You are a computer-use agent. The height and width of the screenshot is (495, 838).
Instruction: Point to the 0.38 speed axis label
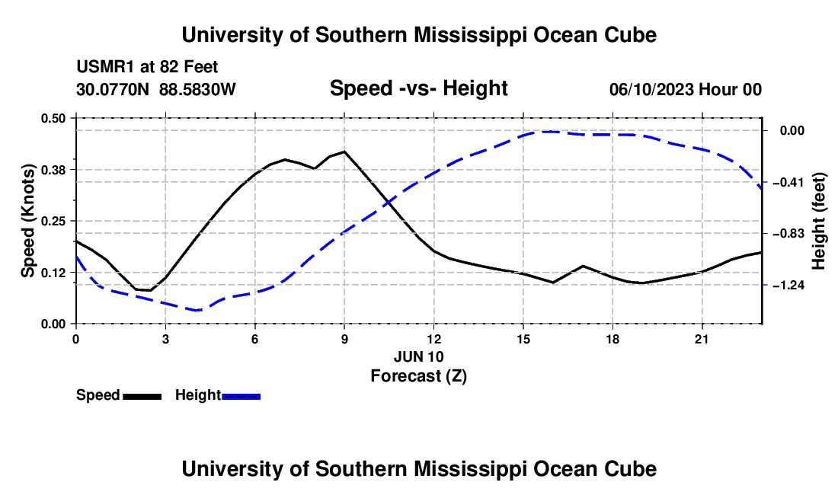[53, 170]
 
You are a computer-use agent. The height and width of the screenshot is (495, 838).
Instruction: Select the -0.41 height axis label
[788, 183]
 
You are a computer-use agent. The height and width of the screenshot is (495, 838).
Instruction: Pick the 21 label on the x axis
[702, 339]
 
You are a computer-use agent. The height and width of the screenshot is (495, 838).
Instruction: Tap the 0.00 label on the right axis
[792, 131]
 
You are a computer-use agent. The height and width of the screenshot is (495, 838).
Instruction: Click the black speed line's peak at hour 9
[344, 151]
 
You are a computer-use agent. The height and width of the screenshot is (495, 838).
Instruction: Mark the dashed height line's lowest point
[197, 310]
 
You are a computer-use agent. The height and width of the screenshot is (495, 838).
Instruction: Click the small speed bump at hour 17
[583, 266]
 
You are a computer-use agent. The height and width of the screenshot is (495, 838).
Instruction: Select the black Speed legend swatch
[142, 397]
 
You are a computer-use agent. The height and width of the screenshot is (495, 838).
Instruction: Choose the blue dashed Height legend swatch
[241, 397]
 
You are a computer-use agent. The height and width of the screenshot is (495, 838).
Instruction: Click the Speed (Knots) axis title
[27, 221]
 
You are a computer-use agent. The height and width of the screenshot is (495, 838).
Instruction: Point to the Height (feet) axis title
[819, 221]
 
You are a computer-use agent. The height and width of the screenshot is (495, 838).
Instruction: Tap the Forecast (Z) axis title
[419, 376]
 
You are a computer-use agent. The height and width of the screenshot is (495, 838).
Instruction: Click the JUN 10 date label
[419, 356]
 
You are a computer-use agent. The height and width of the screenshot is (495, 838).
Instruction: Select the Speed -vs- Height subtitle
[419, 88]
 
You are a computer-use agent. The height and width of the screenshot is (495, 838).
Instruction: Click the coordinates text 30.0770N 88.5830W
[156, 89]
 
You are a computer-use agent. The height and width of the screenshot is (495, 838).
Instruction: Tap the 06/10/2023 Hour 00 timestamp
[686, 89]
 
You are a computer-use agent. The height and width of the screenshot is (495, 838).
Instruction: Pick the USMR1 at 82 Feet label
[148, 67]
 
